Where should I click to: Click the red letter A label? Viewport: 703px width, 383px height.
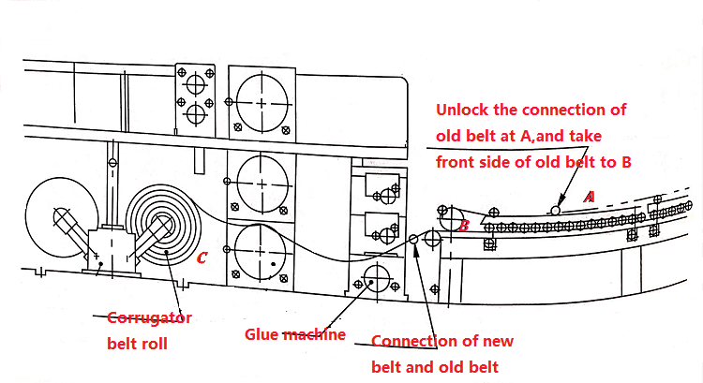coord(590,197)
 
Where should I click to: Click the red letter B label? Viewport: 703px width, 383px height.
coord(464,226)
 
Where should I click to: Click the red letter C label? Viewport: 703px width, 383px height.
coord(202,258)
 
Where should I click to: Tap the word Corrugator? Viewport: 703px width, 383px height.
coord(149,318)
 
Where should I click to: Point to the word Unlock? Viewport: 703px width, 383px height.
coord(462,110)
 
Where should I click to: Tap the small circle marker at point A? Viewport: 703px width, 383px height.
coord(555,210)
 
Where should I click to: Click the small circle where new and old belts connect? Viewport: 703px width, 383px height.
coord(413,239)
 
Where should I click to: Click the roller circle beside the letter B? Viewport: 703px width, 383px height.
coord(453,219)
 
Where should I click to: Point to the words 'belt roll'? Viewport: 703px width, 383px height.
coord(137,344)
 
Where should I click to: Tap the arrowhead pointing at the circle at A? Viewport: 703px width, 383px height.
coord(560,200)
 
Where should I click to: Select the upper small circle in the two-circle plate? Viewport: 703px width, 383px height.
coord(196,83)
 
